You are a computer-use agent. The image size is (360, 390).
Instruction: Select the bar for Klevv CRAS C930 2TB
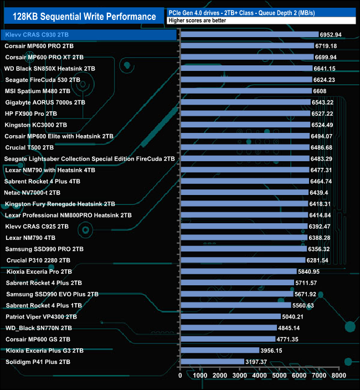pyautogui.click(x=249, y=34)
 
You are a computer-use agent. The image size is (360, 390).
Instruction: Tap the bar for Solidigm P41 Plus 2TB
pyautogui.click(x=212, y=362)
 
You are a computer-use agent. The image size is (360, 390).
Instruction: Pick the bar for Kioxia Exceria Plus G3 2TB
pyautogui.click(x=219, y=350)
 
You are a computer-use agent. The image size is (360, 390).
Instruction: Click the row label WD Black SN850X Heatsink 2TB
pyautogui.click(x=50, y=69)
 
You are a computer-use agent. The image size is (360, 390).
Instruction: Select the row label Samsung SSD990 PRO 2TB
pyautogui.click(x=44, y=249)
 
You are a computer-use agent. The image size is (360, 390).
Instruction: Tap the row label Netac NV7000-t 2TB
pyautogui.click(x=33, y=192)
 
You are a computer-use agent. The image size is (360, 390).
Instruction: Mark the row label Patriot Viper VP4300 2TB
pyautogui.click(x=41, y=317)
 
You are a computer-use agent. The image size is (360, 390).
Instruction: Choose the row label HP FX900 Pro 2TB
pyautogui.click(x=31, y=114)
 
